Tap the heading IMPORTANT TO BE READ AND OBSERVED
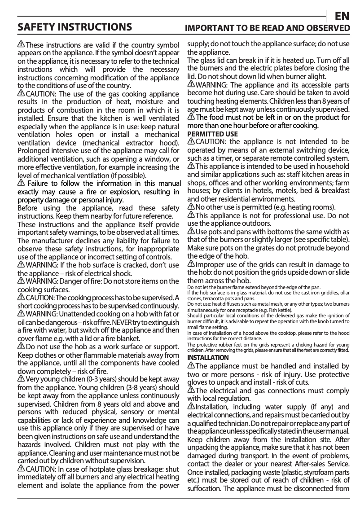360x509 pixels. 268,28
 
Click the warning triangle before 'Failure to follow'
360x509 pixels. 21,184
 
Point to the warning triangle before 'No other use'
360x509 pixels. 191,207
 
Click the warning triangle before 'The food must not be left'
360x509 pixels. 191,118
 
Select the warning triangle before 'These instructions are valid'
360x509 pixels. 21,45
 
